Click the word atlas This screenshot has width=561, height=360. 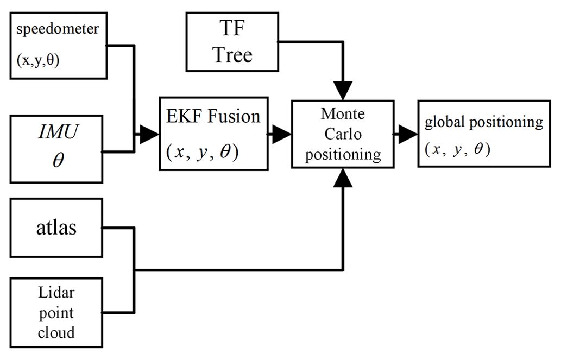click(56, 227)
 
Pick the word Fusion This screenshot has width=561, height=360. click(235, 116)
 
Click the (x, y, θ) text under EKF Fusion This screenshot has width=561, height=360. click(201, 153)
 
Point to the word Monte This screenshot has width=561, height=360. click(343, 114)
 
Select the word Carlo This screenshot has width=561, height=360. click(343, 134)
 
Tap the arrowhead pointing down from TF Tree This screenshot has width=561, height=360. click(342, 90)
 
